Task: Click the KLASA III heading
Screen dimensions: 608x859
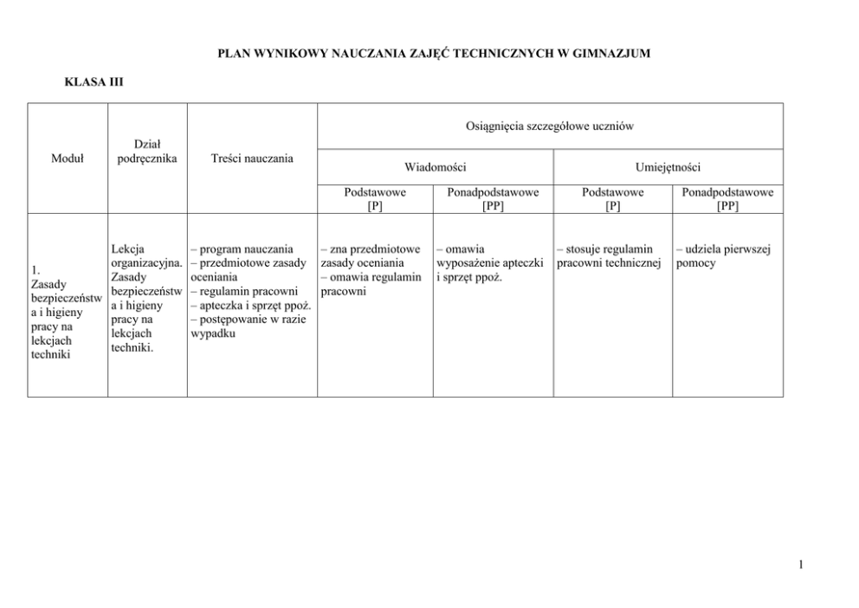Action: (94, 82)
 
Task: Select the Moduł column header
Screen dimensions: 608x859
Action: (68, 158)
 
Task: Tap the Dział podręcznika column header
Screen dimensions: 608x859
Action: (147, 152)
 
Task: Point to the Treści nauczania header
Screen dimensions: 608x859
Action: (252, 158)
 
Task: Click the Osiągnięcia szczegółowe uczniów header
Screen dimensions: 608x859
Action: (551, 126)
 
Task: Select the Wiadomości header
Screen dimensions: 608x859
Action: (436, 166)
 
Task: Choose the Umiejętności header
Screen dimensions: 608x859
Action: (668, 166)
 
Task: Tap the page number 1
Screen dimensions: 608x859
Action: (802, 566)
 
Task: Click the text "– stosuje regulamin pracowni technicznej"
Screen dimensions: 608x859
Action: (610, 256)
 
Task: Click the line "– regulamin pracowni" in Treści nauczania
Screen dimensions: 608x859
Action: (244, 292)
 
